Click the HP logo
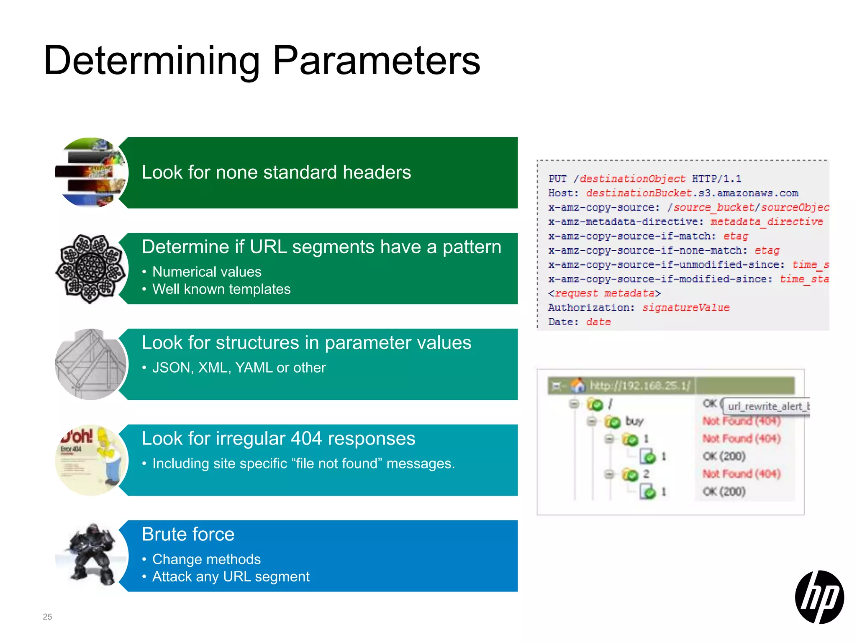tap(819, 597)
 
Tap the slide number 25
tap(47, 617)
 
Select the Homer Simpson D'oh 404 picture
tap(91, 460)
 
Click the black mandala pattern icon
tap(91, 269)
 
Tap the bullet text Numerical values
tap(207, 272)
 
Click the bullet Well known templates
tap(221, 289)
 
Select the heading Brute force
tap(188, 535)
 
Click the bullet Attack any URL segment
tap(231, 577)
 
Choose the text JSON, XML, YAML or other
tap(239, 368)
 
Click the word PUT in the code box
tap(557, 179)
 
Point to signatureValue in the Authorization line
tap(685, 308)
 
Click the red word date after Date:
tap(598, 322)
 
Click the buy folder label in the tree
tap(634, 421)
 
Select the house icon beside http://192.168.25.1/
tap(578, 385)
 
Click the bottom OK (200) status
tap(724, 491)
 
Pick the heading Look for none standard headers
tap(276, 172)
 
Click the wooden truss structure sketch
tap(91, 364)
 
